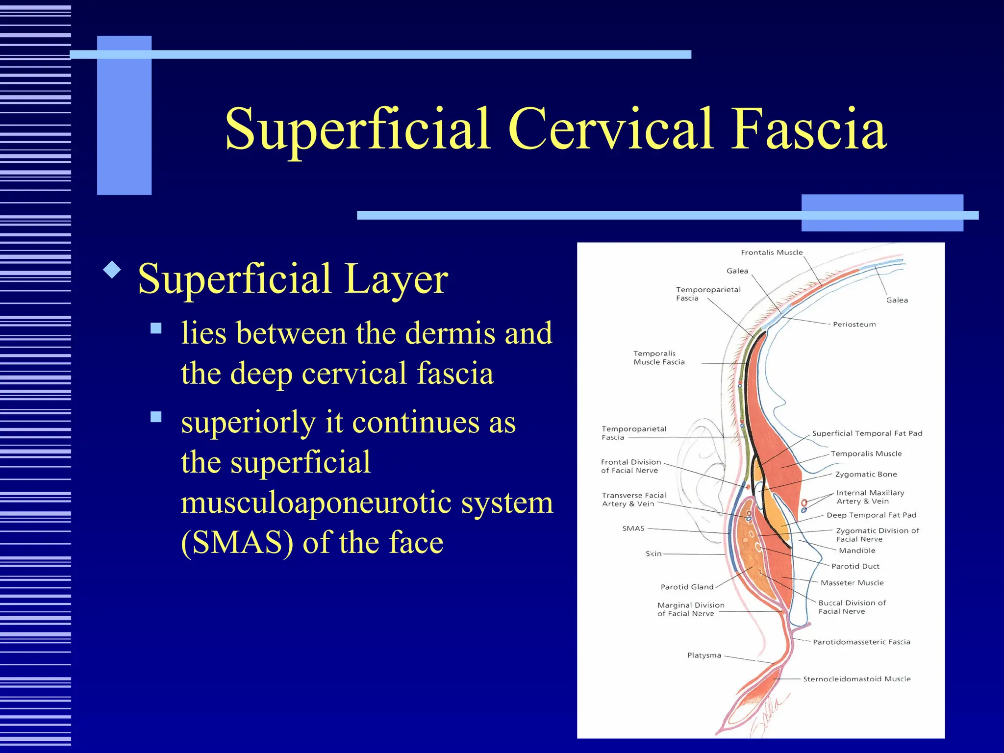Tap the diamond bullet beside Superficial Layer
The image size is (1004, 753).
pos(112,270)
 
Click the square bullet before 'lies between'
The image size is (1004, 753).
pos(156,328)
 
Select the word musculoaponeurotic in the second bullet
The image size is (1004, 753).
pos(367,503)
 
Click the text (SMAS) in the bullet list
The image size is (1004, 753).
pos(237,543)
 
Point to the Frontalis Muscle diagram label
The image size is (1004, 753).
pos(772,252)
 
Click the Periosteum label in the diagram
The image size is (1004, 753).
pos(854,325)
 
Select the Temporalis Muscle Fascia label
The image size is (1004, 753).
pos(659,358)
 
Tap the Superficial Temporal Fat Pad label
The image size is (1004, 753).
pos(867,433)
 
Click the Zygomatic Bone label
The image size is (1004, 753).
pos(866,474)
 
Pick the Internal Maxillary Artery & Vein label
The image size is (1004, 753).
pos(870,497)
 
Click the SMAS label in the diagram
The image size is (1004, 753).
pos(633,528)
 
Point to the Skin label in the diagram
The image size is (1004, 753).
pos(653,553)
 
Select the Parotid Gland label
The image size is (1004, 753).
pos(687,587)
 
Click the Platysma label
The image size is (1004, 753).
pos(704,655)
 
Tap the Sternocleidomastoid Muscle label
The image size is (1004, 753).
pos(856,679)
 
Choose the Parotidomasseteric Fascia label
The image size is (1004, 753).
pos(861,642)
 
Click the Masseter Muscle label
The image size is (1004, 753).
pos(852,583)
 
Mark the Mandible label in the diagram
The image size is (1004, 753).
pos(857,551)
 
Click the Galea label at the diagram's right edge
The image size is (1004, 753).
pos(897,300)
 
